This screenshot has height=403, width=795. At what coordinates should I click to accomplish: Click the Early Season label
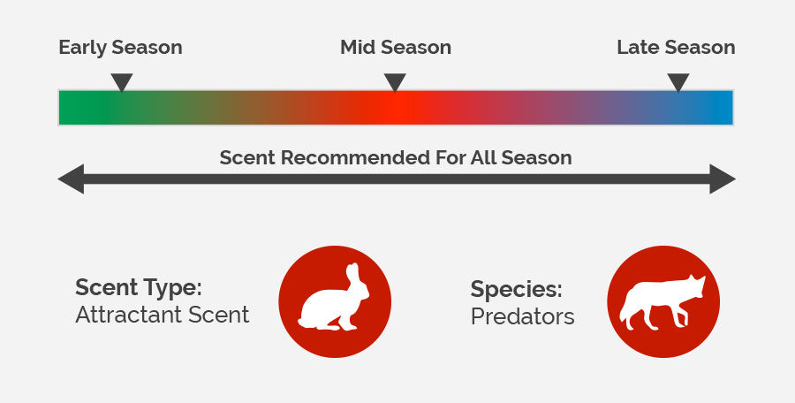(x=120, y=47)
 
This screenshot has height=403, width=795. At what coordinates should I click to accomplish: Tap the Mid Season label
(x=396, y=47)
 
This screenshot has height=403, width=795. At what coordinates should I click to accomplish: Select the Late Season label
(x=676, y=47)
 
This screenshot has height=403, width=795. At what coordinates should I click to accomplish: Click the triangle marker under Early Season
(x=122, y=82)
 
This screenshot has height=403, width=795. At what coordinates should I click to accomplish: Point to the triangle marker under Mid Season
(x=395, y=82)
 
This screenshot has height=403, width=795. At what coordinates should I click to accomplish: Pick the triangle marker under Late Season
(x=678, y=82)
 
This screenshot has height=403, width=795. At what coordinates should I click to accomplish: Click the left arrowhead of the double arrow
(x=71, y=179)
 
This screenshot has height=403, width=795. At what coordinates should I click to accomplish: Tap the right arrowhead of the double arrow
(x=723, y=179)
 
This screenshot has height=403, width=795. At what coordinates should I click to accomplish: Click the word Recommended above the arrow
(x=356, y=157)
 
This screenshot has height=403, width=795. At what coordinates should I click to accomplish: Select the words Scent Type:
(x=139, y=288)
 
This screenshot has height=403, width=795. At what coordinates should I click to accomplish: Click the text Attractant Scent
(x=163, y=315)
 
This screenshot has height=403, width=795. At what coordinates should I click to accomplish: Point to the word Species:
(x=516, y=290)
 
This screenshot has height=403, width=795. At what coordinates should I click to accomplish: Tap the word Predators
(x=522, y=316)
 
